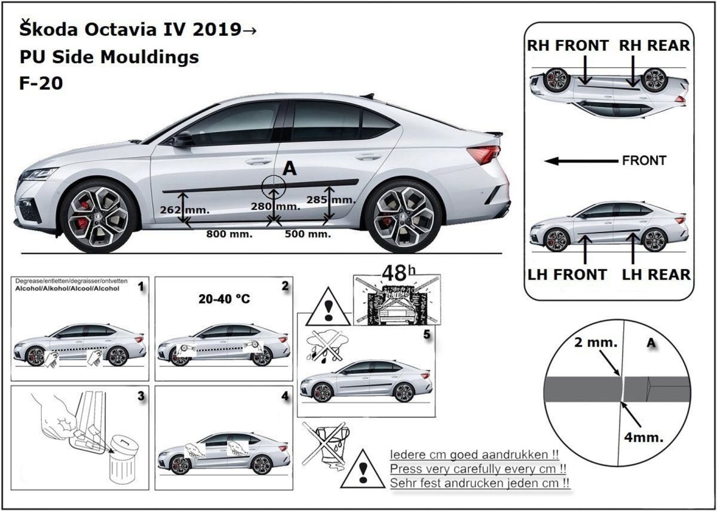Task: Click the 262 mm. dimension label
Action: point(185,210)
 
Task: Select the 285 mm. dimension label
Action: point(330,200)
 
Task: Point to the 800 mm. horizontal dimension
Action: point(229,234)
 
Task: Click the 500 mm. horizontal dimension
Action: point(307,234)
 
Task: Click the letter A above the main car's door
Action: point(289,170)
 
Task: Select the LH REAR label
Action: point(656,274)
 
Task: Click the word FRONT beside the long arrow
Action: point(644,161)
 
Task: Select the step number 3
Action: point(140,396)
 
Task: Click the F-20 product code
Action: point(41,83)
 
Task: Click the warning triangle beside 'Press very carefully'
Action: point(363,468)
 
